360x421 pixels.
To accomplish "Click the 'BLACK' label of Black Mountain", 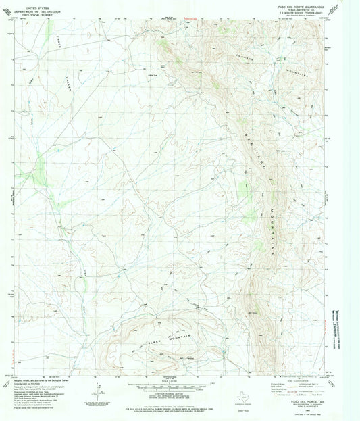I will (154, 344).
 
